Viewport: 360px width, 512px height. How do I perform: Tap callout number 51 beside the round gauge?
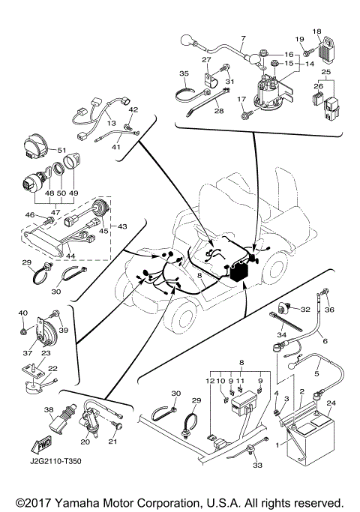pyautogui.click(x=62, y=150)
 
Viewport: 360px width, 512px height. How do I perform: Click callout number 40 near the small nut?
pyautogui.click(x=22, y=313)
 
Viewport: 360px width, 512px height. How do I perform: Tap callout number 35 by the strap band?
pyautogui.click(x=184, y=73)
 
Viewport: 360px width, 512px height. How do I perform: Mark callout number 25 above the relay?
pyautogui.click(x=325, y=71)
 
